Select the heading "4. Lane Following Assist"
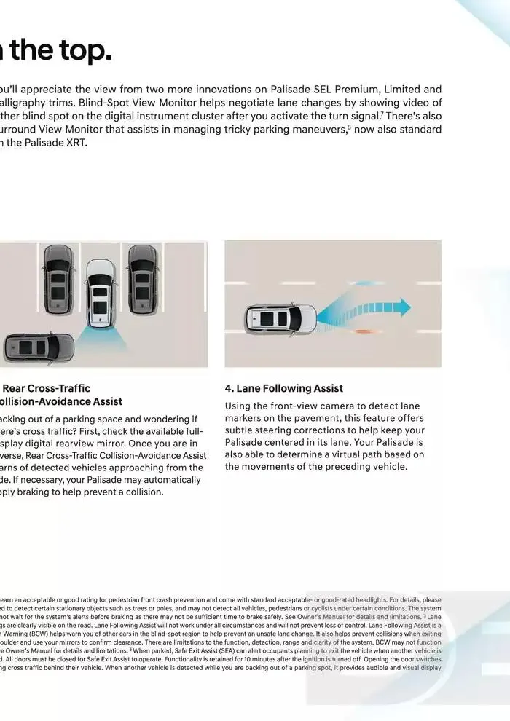tap(283, 388)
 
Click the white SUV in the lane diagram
tap(280, 317)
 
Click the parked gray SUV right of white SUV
tap(143, 266)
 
